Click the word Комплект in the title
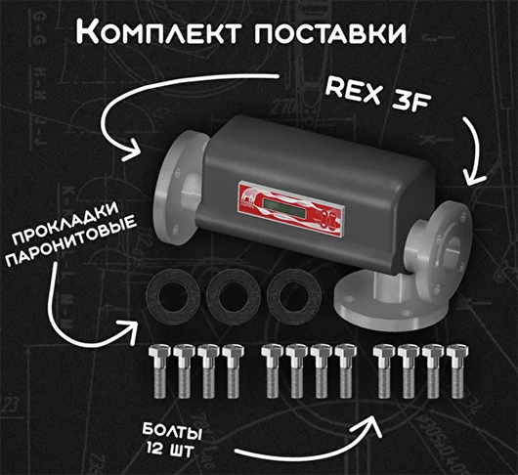158,31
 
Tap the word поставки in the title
330,33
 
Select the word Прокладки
65,224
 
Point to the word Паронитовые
71,240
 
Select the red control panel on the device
291,209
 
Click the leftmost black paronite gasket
173,297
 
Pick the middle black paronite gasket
234,296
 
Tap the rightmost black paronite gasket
294,296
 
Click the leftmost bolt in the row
159,370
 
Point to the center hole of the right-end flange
451,251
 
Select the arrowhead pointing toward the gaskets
131,330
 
